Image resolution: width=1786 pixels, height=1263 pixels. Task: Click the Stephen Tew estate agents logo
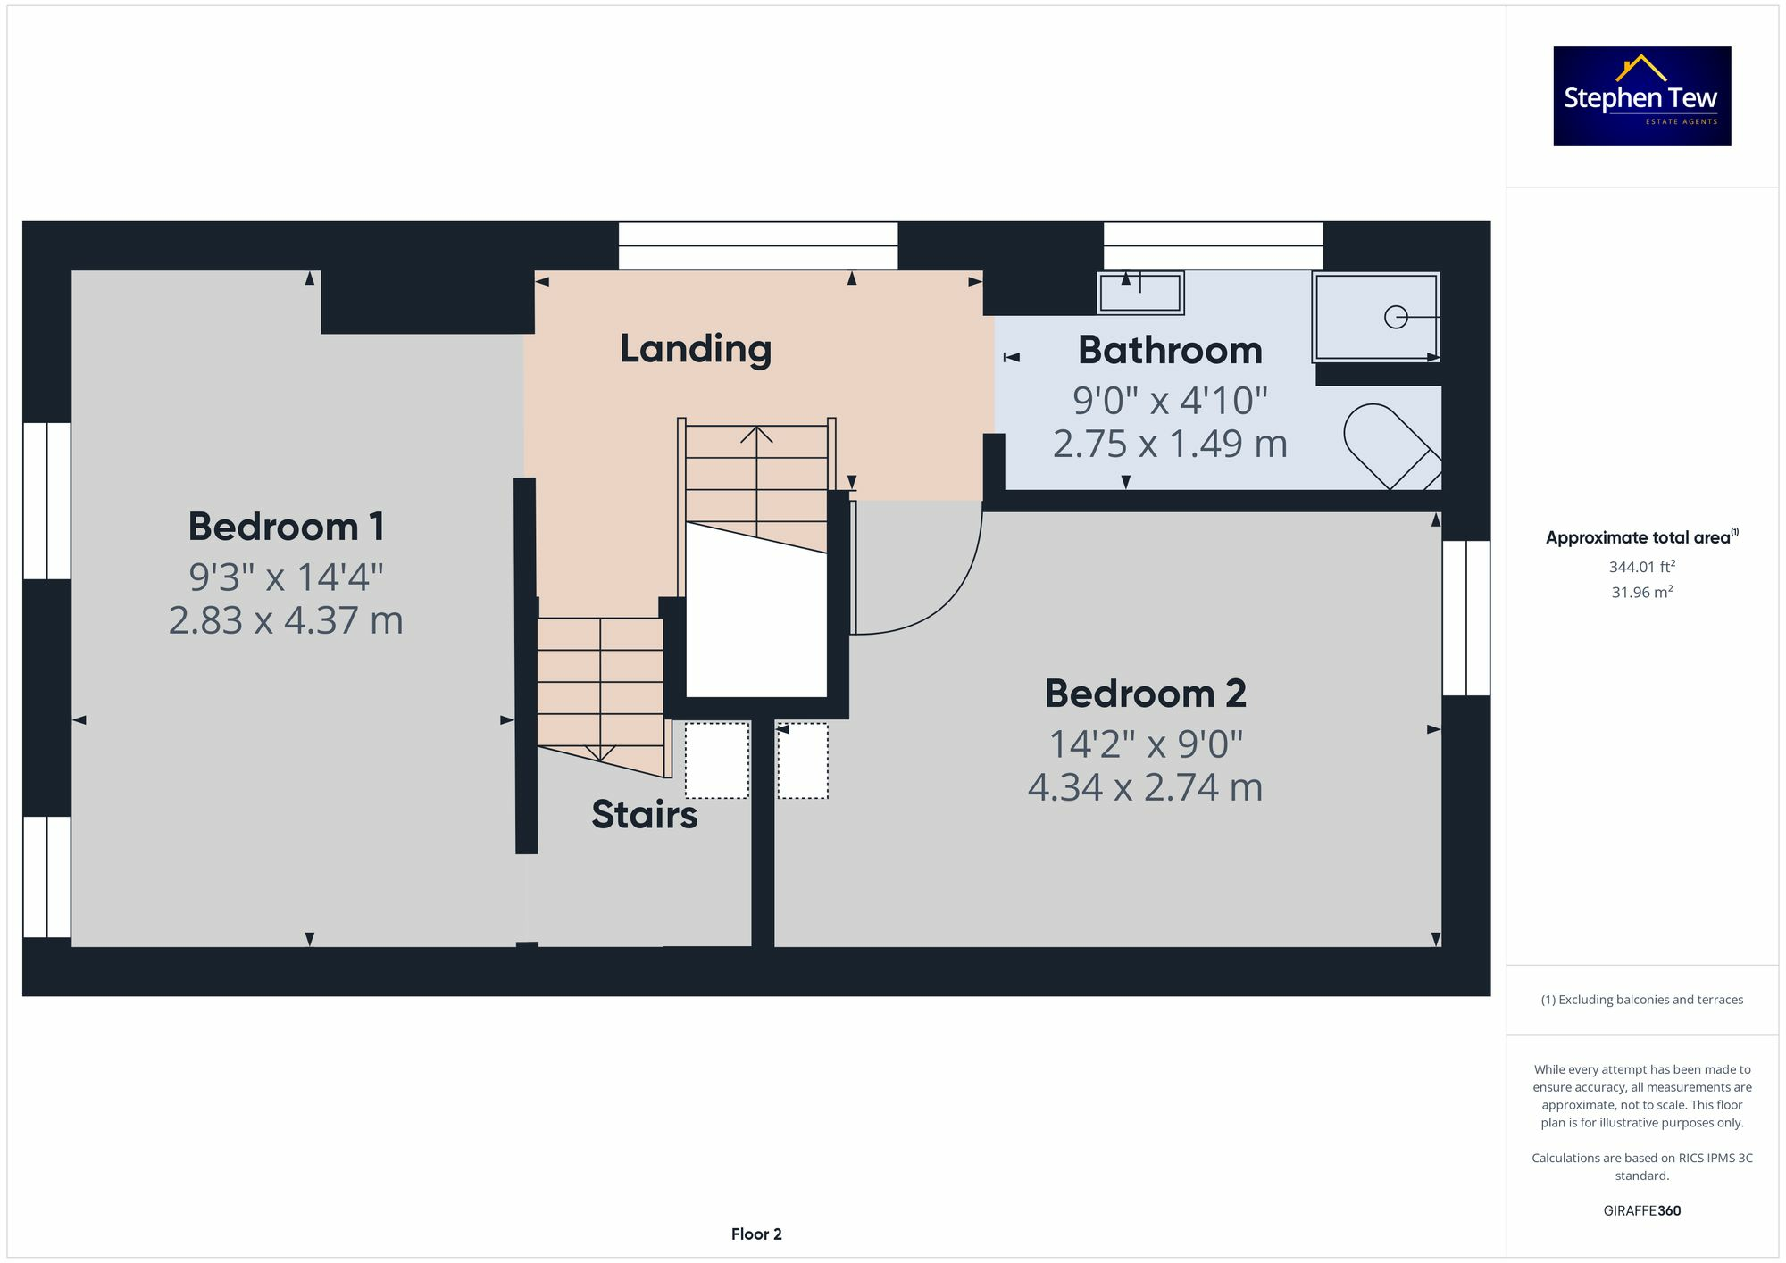[1642, 96]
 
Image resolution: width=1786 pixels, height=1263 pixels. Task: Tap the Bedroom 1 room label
[287, 527]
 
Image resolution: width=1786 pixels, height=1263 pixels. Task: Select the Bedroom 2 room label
[1146, 694]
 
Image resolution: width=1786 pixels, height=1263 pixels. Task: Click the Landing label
[696, 349]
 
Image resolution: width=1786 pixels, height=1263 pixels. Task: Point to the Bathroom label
[1170, 350]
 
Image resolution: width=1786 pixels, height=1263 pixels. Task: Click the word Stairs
[645, 815]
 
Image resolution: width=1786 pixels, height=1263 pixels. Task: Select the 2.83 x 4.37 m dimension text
[286, 620]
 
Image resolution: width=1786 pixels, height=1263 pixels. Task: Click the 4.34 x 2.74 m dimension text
[1146, 787]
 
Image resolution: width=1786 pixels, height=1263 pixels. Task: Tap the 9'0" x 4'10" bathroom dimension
[1170, 400]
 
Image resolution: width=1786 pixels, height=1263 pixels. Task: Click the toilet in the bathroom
[1391, 447]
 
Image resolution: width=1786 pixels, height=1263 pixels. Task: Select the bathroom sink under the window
[1140, 293]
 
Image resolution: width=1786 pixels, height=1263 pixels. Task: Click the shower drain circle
[1396, 317]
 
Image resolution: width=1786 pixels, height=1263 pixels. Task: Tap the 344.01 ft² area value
[1642, 567]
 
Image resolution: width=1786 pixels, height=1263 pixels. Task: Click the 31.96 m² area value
[1642, 592]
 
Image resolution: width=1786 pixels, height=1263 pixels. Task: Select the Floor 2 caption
[756, 1234]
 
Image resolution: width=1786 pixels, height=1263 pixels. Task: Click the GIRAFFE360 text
[1642, 1211]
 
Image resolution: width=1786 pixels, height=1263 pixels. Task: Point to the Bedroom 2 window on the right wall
[1466, 618]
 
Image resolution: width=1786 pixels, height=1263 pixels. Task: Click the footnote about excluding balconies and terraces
[1642, 1000]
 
